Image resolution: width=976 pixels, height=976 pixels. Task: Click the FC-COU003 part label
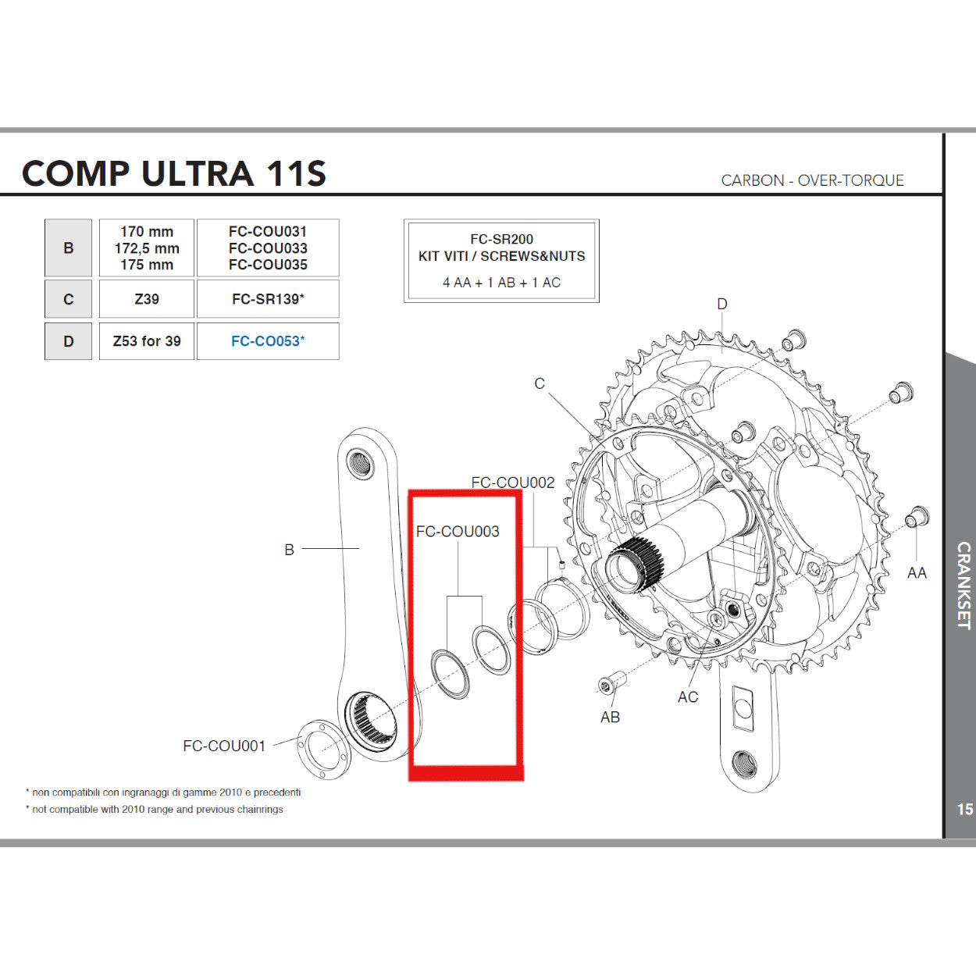[x=458, y=532]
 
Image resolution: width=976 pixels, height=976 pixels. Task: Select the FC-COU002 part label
[x=513, y=483]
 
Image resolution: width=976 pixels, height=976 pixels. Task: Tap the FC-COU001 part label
[x=224, y=746]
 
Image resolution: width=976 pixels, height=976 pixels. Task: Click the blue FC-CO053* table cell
[x=268, y=341]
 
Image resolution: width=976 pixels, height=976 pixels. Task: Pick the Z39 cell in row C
[x=147, y=299]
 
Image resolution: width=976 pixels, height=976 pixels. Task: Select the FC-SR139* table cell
[x=268, y=299]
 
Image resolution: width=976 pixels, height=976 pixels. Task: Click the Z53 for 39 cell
[x=147, y=341]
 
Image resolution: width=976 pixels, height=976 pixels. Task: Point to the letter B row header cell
[x=69, y=248]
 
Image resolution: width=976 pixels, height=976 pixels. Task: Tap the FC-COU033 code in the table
[x=268, y=248]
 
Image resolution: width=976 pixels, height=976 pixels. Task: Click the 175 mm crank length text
[x=147, y=265]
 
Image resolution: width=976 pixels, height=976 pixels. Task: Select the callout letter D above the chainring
[x=722, y=304]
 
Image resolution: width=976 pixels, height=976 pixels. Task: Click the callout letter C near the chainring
[x=540, y=383]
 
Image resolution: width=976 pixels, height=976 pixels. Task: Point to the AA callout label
[x=917, y=573]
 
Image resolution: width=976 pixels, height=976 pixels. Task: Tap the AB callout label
[x=610, y=717]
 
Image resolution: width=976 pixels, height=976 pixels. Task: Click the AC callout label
[x=688, y=697]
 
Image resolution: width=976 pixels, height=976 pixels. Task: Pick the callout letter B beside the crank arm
[x=289, y=550]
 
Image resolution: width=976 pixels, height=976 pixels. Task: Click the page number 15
[x=965, y=810]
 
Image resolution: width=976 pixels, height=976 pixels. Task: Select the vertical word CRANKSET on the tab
[x=964, y=586]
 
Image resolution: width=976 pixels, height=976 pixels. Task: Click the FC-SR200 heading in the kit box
[x=501, y=240]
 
